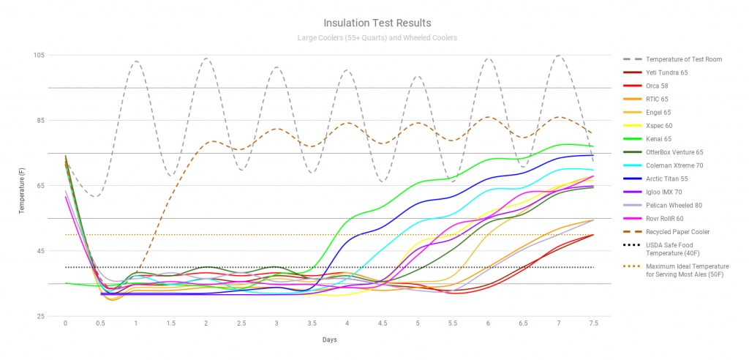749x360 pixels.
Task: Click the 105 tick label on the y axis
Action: coord(39,56)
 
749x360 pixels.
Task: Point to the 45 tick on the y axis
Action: coord(40,251)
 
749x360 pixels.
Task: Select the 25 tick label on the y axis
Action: coord(40,316)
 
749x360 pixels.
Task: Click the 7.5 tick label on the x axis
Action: coord(593,323)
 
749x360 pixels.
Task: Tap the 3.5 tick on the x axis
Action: coord(312,323)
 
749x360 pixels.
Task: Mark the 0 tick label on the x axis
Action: coord(65,323)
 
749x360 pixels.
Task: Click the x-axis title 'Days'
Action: coord(329,340)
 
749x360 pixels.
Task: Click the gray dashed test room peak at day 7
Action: coord(560,56)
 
